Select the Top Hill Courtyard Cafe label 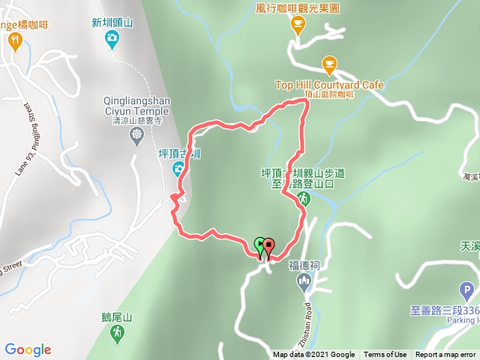click(329, 85)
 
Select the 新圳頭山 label click(112, 22)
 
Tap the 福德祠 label click(304, 265)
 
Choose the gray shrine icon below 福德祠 click(304, 281)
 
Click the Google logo click(28, 349)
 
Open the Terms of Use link click(385, 355)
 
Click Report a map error click(445, 355)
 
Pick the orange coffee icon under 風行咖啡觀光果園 click(298, 26)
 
